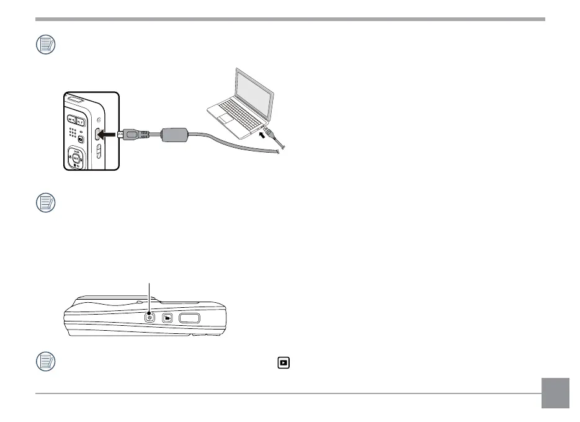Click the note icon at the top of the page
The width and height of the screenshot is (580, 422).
[x=45, y=45]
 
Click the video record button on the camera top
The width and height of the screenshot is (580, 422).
[x=167, y=318]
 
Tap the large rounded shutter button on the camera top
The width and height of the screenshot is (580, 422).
[x=190, y=318]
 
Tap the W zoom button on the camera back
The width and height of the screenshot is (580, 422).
[x=72, y=120]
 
